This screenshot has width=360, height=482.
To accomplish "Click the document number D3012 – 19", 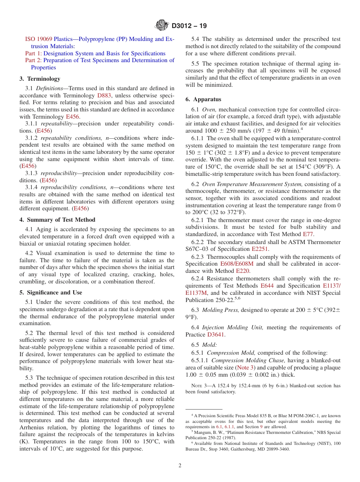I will tap(189, 26).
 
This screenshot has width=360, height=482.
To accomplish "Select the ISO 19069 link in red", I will tap(38, 39).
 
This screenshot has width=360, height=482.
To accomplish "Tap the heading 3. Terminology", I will tap(40, 79).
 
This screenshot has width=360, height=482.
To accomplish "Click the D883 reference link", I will tap(104, 95).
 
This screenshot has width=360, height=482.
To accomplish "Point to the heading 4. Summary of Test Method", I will tap(57, 220).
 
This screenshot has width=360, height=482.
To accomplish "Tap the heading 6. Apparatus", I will tap(203, 99).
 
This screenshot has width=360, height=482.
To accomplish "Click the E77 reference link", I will tap(308, 234).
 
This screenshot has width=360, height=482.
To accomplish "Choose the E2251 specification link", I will tap(260, 249).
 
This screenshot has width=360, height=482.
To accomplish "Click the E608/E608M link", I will tap(238, 264).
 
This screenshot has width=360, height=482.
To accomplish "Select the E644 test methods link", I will tap(267, 286).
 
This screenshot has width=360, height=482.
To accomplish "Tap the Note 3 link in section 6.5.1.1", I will tap(245, 368).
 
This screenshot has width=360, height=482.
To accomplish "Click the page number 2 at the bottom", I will tap(180, 466).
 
